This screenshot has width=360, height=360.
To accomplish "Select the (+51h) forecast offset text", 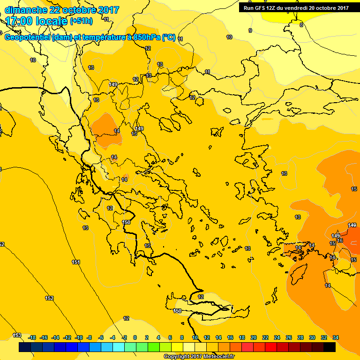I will pos(81,21).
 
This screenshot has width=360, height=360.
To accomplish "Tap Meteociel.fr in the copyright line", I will pos(219,357).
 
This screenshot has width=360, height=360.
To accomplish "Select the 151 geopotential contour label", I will pos(76,262).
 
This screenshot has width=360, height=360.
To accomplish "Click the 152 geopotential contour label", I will pos(49,298).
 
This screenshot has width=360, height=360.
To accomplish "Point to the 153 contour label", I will pos(17,335).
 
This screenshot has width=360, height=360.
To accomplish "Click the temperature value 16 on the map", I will pos(340,240).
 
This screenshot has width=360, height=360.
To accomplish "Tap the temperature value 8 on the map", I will pos(301,25).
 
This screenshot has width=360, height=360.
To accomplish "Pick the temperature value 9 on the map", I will pos(250,30).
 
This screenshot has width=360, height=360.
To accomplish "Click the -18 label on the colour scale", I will pos(32,337).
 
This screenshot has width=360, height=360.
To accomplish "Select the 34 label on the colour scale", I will pos(336,337).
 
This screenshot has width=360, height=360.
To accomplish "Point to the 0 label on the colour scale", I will pos(135,337).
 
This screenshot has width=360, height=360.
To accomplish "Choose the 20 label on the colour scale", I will pos(254,337).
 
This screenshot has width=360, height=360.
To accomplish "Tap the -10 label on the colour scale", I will pos(79,337).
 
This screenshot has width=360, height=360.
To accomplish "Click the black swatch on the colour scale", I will pos(330,347).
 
